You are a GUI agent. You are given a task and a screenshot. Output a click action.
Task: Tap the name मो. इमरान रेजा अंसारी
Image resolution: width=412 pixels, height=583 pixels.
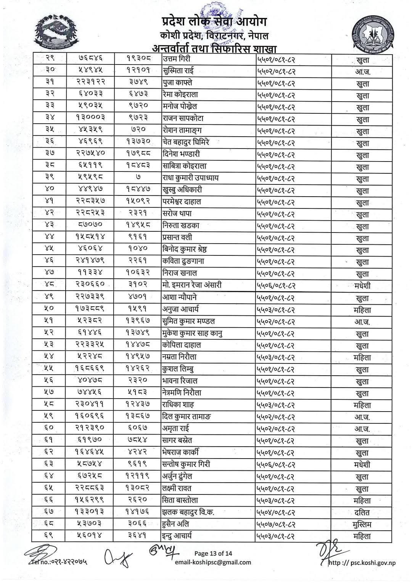click(x=192, y=285)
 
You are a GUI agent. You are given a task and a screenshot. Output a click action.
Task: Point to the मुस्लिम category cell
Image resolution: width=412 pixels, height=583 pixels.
click(x=362, y=524)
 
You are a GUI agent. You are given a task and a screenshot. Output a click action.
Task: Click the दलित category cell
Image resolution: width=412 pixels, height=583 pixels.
click(x=362, y=512)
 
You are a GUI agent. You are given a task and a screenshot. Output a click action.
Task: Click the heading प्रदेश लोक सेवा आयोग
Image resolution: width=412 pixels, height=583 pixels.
click(x=213, y=21)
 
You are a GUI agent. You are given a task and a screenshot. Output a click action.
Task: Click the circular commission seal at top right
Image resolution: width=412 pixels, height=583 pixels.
click(x=375, y=37)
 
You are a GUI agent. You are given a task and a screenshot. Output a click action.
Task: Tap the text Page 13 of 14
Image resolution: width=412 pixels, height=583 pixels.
click(x=213, y=553)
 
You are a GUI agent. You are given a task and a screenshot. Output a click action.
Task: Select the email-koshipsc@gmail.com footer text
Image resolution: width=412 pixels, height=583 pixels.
click(x=213, y=562)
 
